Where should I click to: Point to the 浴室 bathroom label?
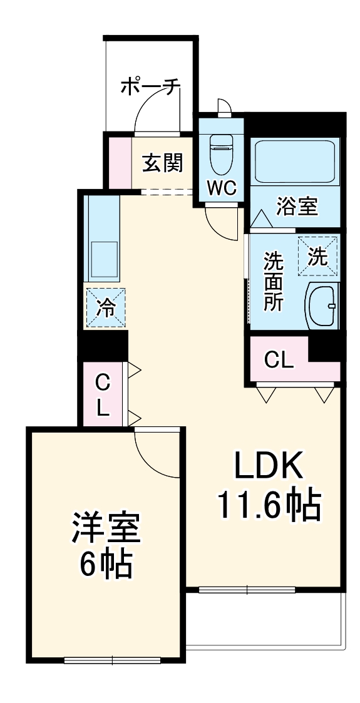pos(297,206)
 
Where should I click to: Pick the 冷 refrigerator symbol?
pos(106,307)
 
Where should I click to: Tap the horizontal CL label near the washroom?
pos(278,360)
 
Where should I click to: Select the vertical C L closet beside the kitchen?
pos(103,394)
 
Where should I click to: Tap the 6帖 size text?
pos(105,565)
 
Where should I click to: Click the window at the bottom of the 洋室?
pos(112,659)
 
